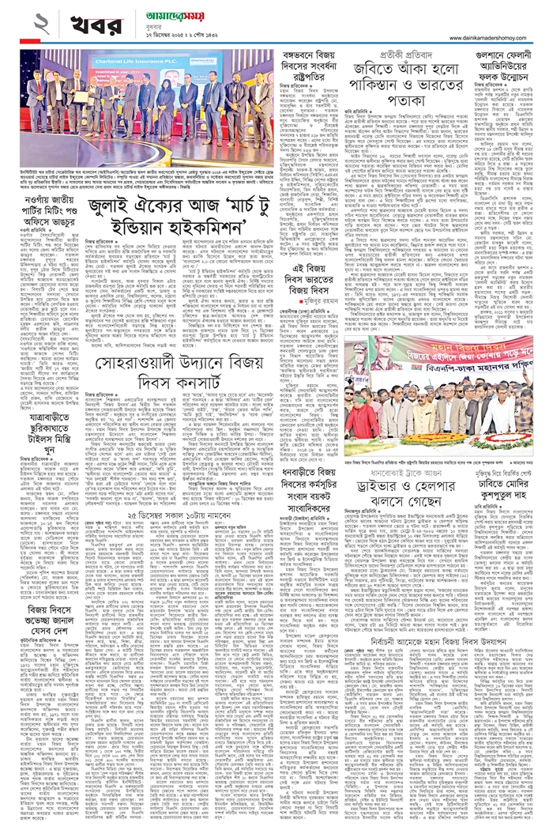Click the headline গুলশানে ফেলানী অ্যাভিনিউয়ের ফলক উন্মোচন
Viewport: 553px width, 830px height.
pos(502,65)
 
